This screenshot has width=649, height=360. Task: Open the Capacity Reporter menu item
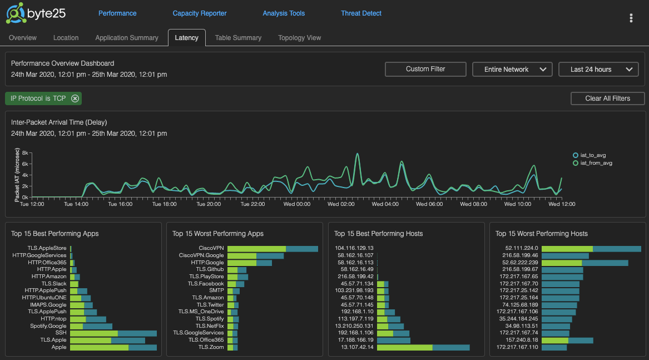coord(200,13)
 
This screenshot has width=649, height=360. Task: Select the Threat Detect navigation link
coord(361,13)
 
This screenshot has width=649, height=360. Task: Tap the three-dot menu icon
coord(631,18)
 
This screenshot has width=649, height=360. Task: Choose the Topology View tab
coord(299,38)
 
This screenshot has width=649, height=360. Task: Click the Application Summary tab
coord(127,38)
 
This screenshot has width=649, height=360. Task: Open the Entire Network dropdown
coord(512,70)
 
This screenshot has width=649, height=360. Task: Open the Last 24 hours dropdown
coord(598,70)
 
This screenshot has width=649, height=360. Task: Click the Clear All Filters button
coord(607,98)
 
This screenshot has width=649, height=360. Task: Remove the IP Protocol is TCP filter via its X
coord(75,98)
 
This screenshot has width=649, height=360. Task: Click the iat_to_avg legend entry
coord(592,155)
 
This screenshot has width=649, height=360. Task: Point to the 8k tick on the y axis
coord(25,152)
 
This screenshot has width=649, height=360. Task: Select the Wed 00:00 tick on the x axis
coord(296,204)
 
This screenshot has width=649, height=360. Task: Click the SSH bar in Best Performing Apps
coord(113,333)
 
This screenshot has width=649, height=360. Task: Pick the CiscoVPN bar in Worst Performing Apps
coord(273,249)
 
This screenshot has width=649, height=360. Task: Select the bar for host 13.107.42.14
coord(423,347)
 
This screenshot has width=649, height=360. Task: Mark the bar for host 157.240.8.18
coord(567,340)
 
